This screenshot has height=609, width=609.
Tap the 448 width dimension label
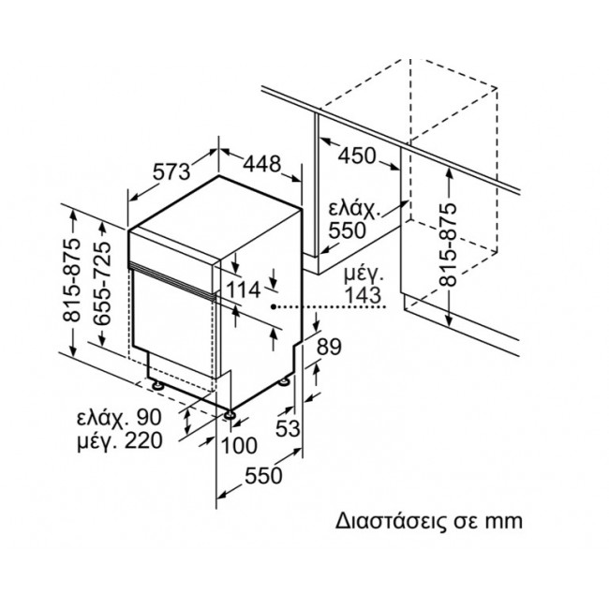click(x=261, y=163)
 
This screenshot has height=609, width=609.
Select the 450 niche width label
click(x=356, y=156)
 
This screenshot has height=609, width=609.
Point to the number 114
click(x=243, y=290)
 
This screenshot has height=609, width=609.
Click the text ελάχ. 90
click(x=119, y=418)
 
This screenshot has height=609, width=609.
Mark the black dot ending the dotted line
click(x=274, y=307)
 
